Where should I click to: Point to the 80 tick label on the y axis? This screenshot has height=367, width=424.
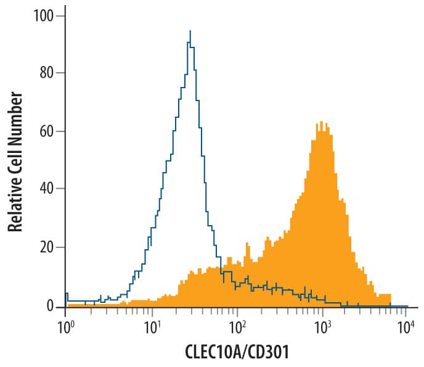(48, 73)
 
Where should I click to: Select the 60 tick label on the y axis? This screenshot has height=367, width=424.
(48, 131)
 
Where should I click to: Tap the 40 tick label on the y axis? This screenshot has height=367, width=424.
(48, 189)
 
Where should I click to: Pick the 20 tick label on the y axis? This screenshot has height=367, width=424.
(48, 248)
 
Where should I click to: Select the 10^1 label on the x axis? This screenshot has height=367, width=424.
(150, 327)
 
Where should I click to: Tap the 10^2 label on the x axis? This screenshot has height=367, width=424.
(236, 327)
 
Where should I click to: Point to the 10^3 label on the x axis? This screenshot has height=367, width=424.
(321, 327)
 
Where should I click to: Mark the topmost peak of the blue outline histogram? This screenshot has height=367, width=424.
(190, 32)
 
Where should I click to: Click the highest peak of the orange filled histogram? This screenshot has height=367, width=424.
(320, 122)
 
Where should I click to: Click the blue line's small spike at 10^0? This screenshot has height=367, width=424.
(66, 294)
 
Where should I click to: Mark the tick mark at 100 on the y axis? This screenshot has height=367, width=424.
(62, 14)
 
